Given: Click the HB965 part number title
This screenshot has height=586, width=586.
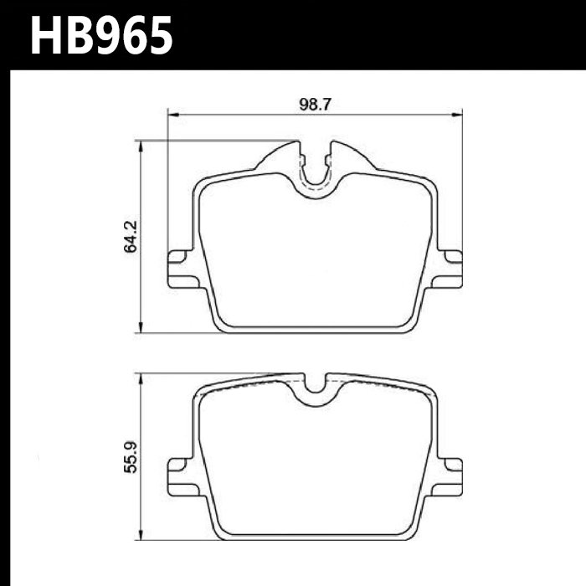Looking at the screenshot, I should [101, 36].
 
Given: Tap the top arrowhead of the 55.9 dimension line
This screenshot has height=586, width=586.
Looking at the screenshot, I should [140, 378].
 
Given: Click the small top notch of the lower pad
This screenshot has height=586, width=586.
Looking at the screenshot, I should [316, 385].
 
